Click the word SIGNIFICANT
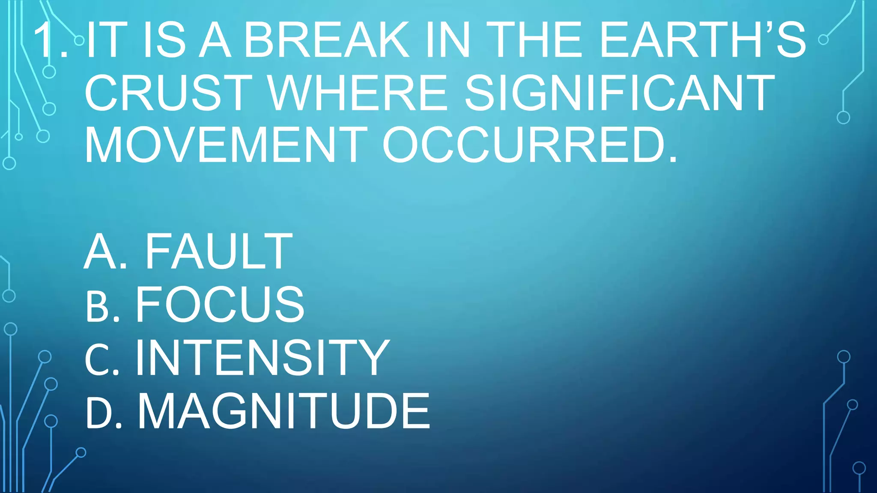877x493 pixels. pos(619,93)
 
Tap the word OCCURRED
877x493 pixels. pos(530,146)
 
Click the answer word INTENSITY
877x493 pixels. pos(262,357)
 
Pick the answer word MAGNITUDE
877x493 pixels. pos(283,411)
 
